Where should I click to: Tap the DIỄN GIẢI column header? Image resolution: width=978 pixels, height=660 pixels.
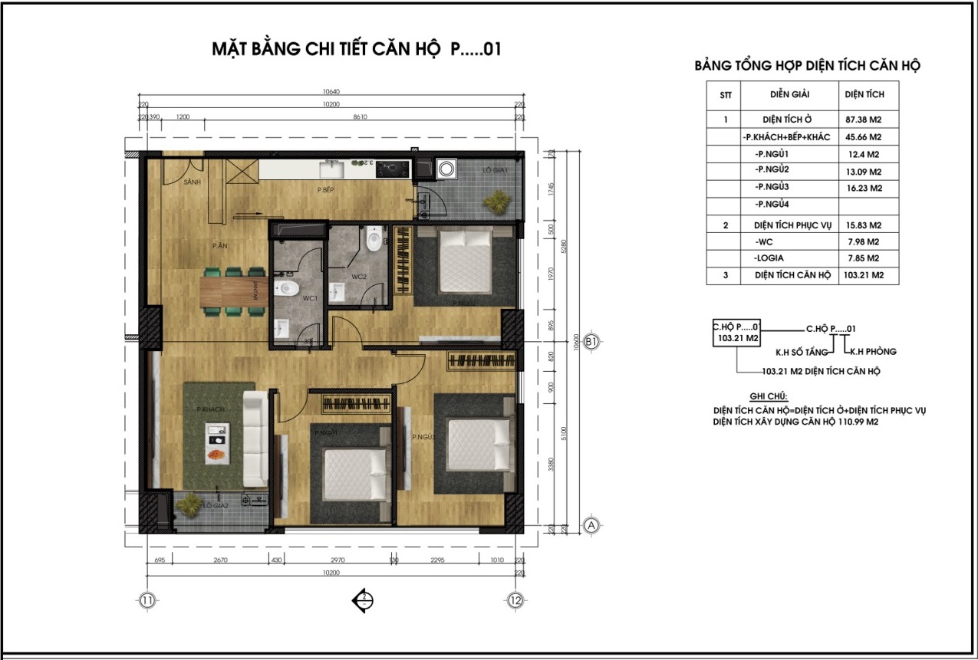789,94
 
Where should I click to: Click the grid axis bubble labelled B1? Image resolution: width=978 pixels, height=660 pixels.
591,343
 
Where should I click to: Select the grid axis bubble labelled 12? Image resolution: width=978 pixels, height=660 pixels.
515,600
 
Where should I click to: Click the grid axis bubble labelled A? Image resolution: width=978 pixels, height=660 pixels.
591,525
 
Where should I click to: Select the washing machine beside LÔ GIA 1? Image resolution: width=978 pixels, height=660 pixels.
446,169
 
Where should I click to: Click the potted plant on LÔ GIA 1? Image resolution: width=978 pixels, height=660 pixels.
496,201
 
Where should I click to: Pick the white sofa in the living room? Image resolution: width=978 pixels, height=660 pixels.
255,438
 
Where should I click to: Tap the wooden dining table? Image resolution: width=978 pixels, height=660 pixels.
234,290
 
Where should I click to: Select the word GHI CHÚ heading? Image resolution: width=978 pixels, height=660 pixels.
756,398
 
